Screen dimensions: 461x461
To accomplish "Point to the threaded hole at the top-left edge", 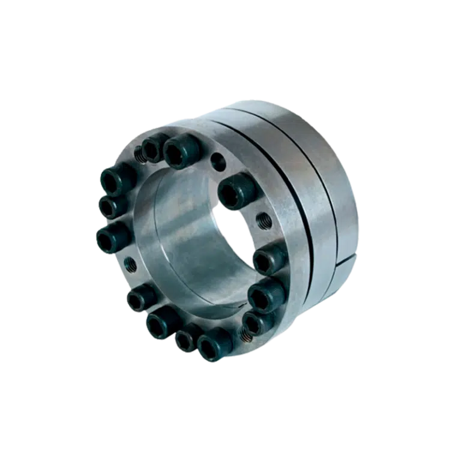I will click(x=138, y=154).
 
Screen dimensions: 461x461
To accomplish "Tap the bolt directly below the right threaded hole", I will click(x=265, y=260).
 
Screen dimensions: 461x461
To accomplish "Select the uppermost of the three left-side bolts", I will click(x=113, y=178).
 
